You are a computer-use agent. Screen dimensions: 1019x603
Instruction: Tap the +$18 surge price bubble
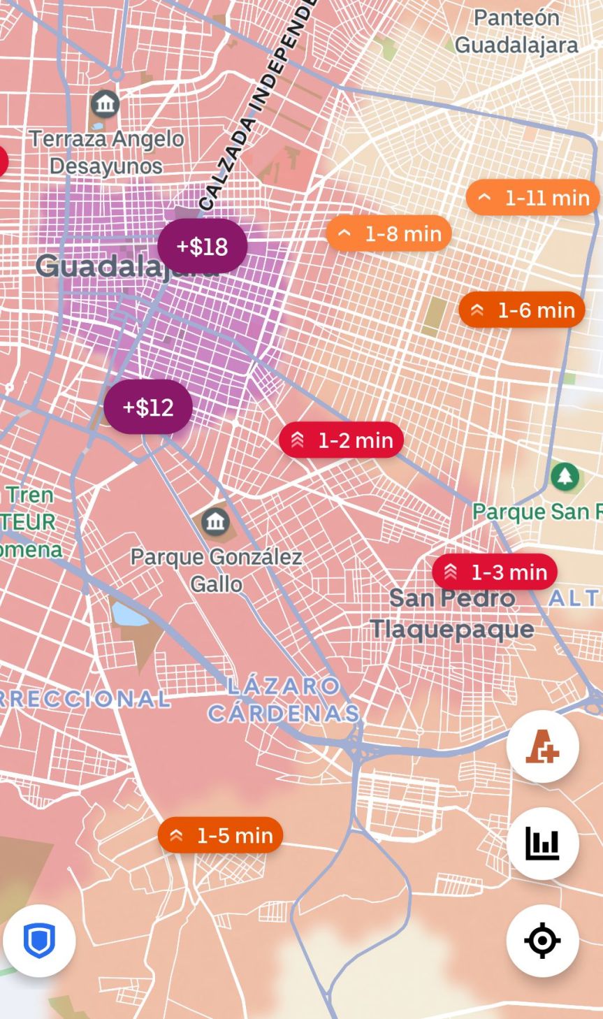[x=202, y=246]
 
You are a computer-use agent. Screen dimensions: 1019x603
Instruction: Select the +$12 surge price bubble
[x=148, y=407]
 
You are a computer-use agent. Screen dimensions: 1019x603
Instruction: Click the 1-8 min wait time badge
[x=388, y=233]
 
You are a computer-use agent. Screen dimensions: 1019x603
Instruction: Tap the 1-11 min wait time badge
[x=532, y=198]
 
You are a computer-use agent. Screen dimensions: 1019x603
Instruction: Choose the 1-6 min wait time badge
[x=522, y=310]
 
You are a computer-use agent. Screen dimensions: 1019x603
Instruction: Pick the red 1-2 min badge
[x=341, y=440]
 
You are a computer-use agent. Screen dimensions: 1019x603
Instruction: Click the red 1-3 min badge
[x=495, y=572]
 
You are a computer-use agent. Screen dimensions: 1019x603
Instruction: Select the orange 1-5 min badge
[x=220, y=835]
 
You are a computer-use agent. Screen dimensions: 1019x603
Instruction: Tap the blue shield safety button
[x=39, y=940]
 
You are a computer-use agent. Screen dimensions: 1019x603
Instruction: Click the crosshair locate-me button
[x=542, y=940]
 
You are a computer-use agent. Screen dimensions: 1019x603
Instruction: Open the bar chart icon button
[x=542, y=844]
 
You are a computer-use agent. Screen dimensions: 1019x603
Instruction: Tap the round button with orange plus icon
[x=542, y=746]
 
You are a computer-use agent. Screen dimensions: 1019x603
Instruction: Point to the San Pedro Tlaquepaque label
[x=452, y=614]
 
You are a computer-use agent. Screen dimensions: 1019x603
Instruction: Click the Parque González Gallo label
[x=217, y=570]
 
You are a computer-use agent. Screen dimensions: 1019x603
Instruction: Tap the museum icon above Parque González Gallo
[x=215, y=521]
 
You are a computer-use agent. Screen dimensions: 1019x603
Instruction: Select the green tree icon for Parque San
[x=565, y=477]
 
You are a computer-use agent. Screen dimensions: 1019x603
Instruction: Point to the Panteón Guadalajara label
[x=516, y=31]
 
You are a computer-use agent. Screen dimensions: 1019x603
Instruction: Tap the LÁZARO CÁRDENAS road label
[x=284, y=699]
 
